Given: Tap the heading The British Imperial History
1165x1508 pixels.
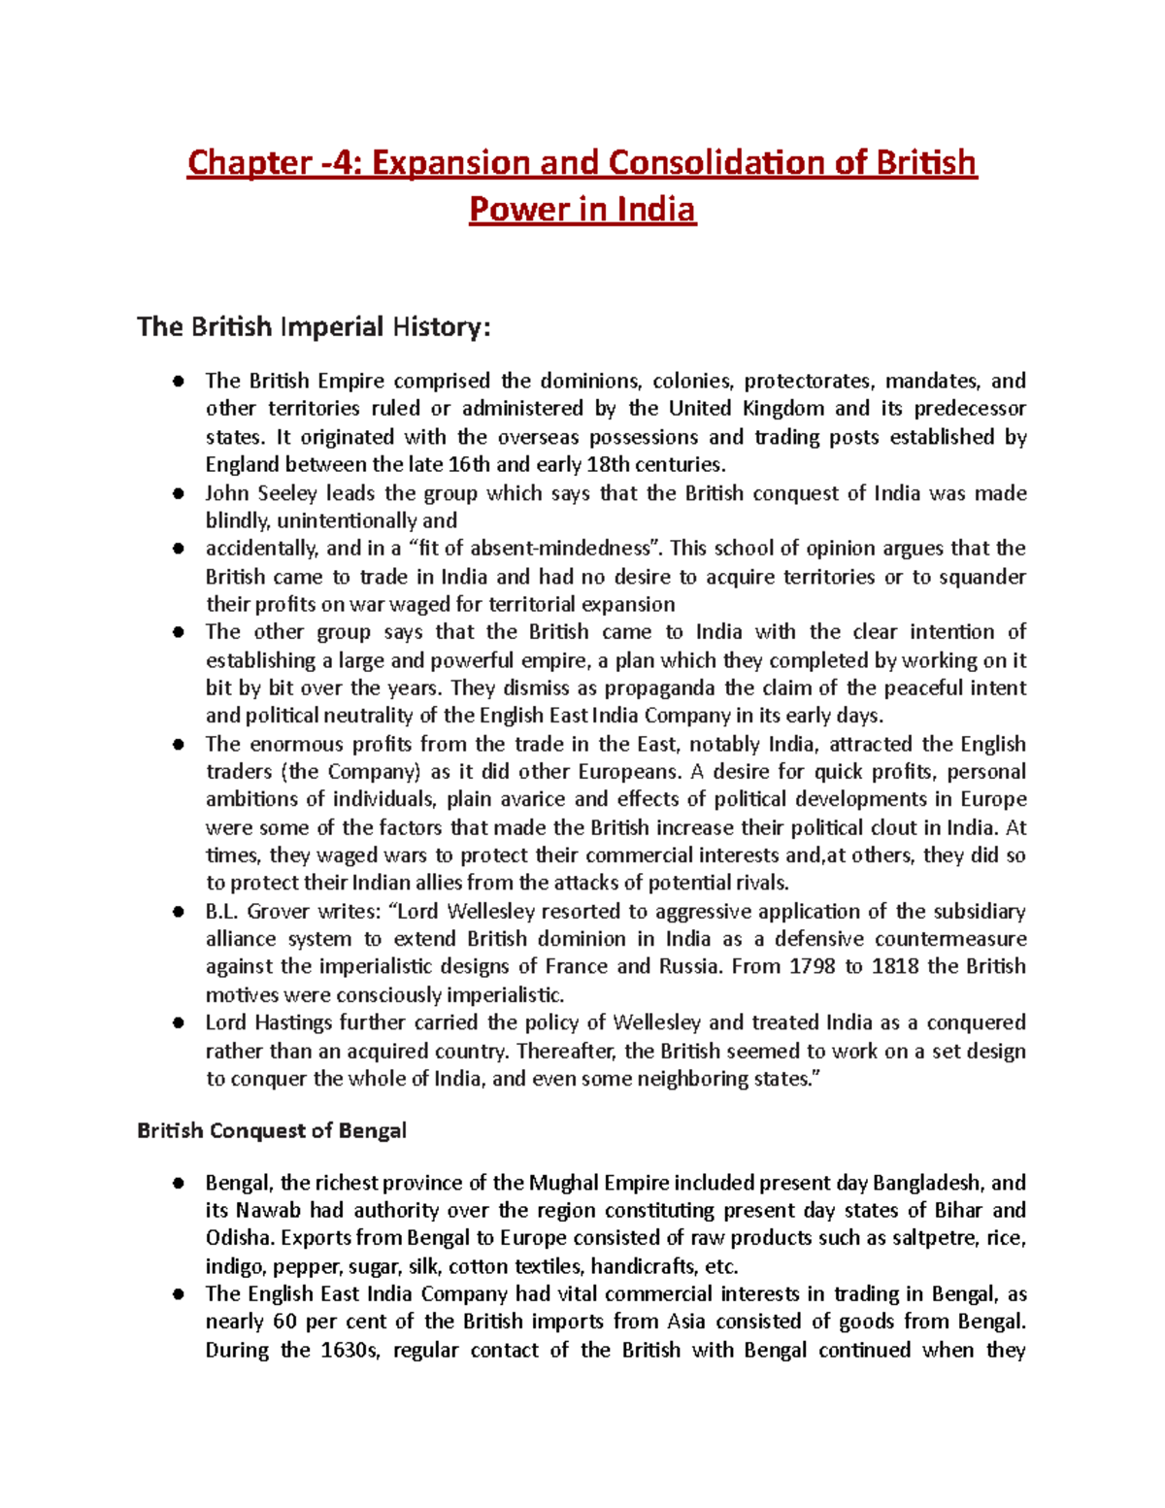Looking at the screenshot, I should [x=314, y=326].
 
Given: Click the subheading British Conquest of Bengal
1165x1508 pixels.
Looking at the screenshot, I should [x=272, y=1130].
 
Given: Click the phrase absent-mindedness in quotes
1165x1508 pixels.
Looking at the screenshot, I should [x=560, y=549].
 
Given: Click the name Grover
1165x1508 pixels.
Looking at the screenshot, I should [x=280, y=912].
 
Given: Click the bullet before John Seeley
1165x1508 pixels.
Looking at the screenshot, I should [x=178, y=493].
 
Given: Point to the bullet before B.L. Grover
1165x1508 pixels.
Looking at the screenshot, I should [x=178, y=912].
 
